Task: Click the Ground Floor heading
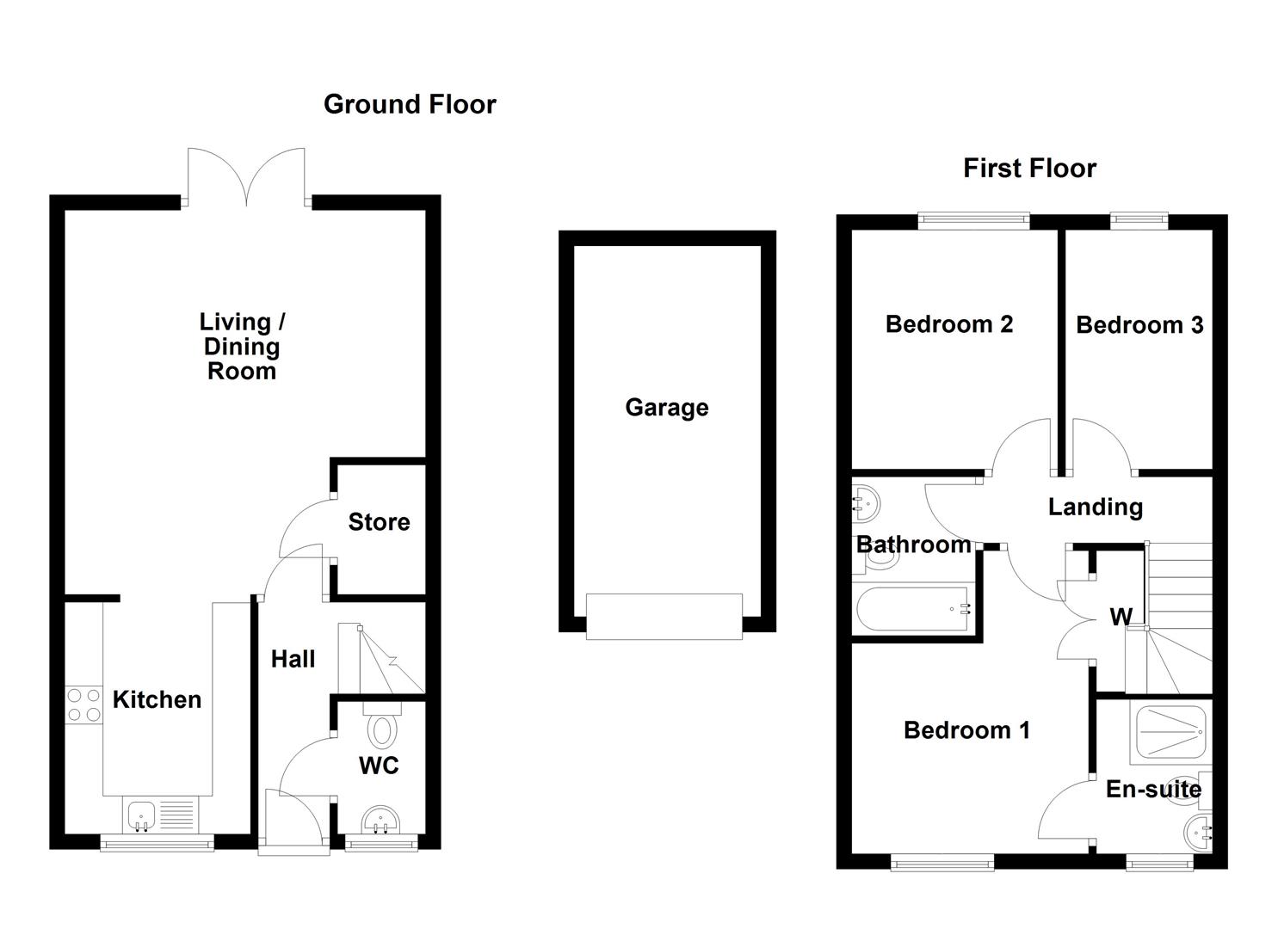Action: [410, 104]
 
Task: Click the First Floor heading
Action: [1029, 168]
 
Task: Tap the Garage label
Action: [666, 407]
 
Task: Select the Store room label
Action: [379, 522]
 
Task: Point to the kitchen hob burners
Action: [83, 704]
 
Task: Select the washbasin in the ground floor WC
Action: [380, 821]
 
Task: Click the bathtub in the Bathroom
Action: [913, 609]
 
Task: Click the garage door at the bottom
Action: [664, 616]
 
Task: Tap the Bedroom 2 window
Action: [973, 221]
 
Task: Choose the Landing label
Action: [1095, 507]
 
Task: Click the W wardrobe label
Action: [1121, 616]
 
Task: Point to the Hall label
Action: [293, 660]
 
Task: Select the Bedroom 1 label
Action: [966, 730]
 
